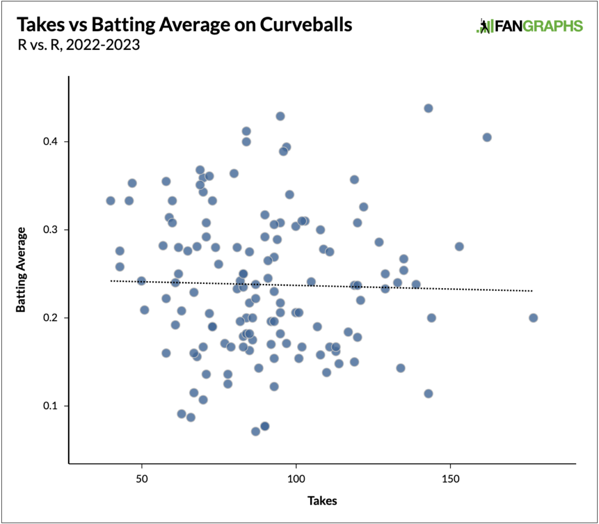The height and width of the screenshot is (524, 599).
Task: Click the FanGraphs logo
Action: pyautogui.click(x=531, y=26)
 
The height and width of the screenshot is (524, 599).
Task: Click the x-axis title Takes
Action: pyautogui.click(x=322, y=501)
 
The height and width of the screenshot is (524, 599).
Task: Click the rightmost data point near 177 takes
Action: pyautogui.click(x=533, y=318)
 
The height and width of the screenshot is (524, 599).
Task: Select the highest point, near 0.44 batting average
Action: pyautogui.click(x=428, y=108)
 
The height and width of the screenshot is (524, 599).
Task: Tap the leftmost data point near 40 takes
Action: pyautogui.click(x=111, y=201)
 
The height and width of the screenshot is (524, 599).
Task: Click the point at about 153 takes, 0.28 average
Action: pyautogui.click(x=459, y=246)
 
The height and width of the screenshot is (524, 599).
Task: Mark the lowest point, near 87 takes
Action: pyautogui.click(x=256, y=431)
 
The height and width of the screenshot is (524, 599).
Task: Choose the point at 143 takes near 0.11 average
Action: pyautogui.click(x=428, y=393)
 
